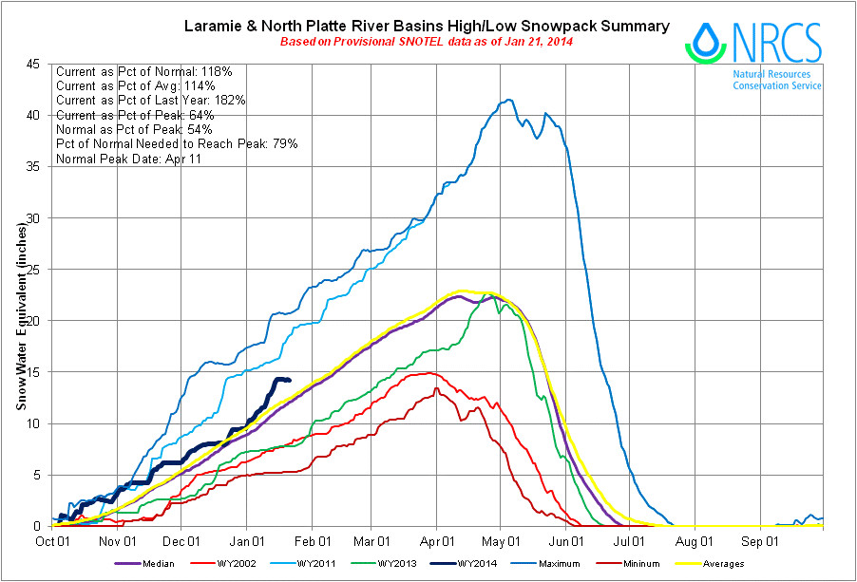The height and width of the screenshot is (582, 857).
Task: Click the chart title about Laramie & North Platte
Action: tap(426, 26)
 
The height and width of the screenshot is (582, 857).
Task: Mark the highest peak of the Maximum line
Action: tap(510, 100)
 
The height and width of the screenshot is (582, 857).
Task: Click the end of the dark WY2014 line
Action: tap(289, 381)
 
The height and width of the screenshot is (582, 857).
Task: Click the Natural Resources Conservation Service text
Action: tap(776, 80)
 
